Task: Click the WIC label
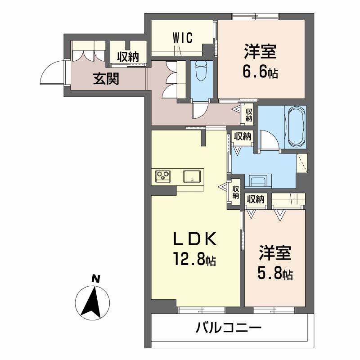pyautogui.click(x=182, y=38)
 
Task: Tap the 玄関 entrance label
pyautogui.click(x=106, y=79)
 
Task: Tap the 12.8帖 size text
pyautogui.click(x=194, y=259)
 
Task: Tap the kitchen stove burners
pyautogui.click(x=162, y=175)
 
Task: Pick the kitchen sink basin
pyautogui.click(x=192, y=175)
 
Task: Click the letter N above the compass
pyautogui.click(x=95, y=279)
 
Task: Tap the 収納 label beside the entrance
pyautogui.click(x=128, y=57)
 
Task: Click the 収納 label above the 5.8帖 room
pyautogui.click(x=256, y=199)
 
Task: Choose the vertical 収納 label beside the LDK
pyautogui.click(x=235, y=192)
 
